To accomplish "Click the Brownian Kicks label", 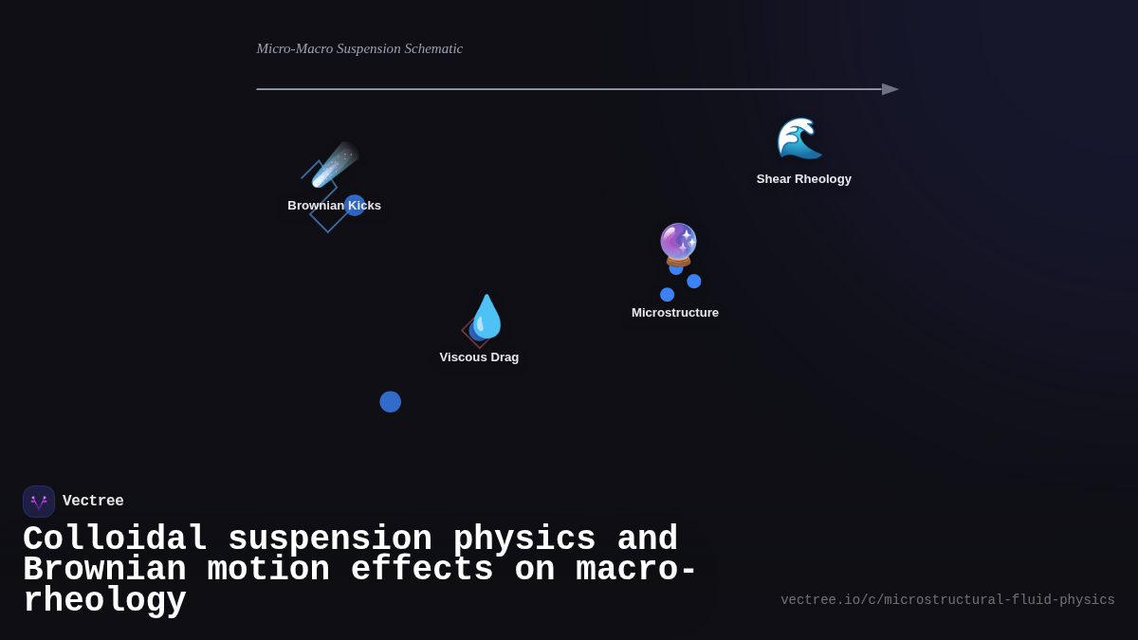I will tap(334, 206).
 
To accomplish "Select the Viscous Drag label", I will tap(479, 357).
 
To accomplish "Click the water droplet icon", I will tap(487, 317).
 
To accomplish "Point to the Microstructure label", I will tap(675, 313).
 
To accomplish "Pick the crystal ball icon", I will tap(679, 245).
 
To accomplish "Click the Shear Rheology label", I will tap(803, 179).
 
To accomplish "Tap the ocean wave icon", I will tap(799, 138).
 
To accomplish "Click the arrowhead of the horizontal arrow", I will tap(890, 89).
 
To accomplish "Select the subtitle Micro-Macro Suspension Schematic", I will tap(359, 49).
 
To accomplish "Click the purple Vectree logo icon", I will tap(39, 502).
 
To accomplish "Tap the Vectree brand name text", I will tap(93, 502).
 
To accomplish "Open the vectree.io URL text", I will tap(947, 600).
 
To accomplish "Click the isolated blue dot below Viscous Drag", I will tap(390, 402).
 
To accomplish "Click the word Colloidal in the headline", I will tap(115, 539).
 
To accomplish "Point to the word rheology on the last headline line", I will tap(104, 601).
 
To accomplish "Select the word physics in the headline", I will tap(524, 539).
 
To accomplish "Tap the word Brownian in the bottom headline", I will tap(104, 570).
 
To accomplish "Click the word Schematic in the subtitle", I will tap(433, 49).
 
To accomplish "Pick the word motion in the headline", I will tap(268, 570).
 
